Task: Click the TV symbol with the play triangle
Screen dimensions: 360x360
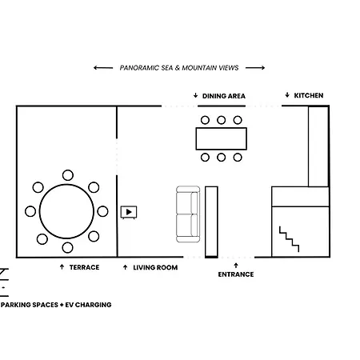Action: (129, 212)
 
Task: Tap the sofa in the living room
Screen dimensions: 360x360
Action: (188, 214)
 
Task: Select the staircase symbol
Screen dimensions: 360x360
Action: (289, 239)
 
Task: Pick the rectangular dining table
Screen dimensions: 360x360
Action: (222, 138)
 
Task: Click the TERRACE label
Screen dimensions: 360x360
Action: (84, 267)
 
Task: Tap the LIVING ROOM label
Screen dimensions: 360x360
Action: (155, 267)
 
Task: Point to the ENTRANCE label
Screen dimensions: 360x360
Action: (236, 274)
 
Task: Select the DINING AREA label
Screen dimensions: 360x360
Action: (224, 96)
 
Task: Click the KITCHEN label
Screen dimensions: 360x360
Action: (309, 95)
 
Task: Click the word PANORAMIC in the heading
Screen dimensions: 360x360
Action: (139, 68)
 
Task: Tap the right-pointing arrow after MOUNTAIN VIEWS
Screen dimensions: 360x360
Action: (255, 68)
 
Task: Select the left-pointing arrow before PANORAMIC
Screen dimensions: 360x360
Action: (103, 68)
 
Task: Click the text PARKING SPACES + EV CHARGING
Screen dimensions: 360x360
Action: (56, 305)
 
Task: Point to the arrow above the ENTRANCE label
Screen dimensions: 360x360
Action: (236, 266)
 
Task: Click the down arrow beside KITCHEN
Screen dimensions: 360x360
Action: (287, 95)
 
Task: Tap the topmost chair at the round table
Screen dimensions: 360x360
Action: (68, 175)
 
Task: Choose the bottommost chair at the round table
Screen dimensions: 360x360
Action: (67, 248)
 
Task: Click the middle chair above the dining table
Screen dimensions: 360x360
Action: (221, 120)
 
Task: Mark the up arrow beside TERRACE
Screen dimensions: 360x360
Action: (62, 266)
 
